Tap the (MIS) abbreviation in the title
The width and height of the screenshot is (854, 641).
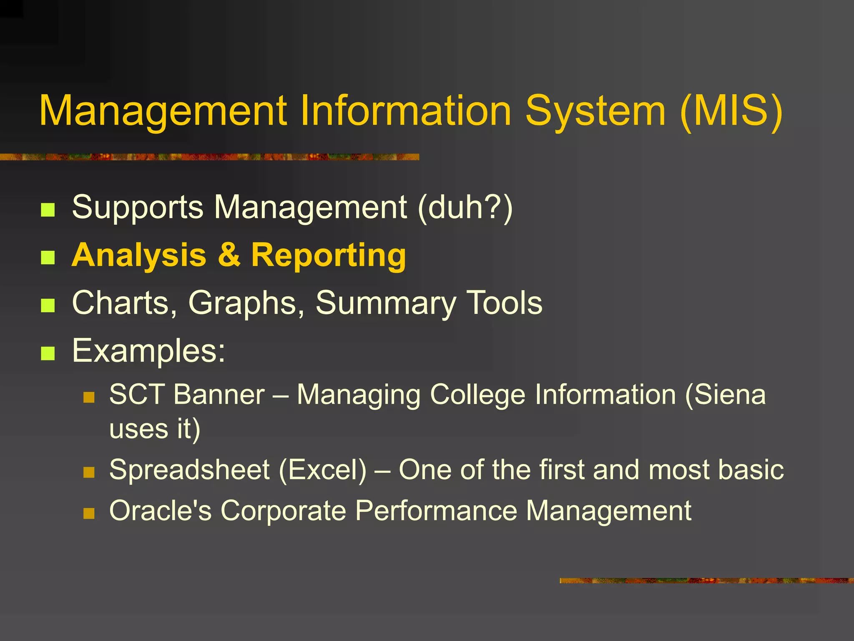click(731, 111)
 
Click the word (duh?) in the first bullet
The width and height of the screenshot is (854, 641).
click(465, 207)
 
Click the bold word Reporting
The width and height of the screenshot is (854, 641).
click(328, 255)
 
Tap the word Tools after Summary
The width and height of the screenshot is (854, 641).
click(504, 303)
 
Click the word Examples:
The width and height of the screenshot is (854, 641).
click(148, 351)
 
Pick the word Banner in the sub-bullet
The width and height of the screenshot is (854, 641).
click(219, 394)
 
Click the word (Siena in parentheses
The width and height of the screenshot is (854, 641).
click(726, 394)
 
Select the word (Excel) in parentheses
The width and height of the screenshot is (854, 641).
click(322, 470)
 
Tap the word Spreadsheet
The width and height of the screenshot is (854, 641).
click(189, 470)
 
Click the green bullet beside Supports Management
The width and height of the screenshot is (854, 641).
click(48, 210)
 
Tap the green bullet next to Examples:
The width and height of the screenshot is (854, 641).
click(48, 353)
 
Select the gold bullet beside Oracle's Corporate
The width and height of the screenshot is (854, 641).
click(89, 513)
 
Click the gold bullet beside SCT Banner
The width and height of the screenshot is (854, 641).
click(89, 397)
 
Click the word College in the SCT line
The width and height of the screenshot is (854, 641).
click(477, 394)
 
